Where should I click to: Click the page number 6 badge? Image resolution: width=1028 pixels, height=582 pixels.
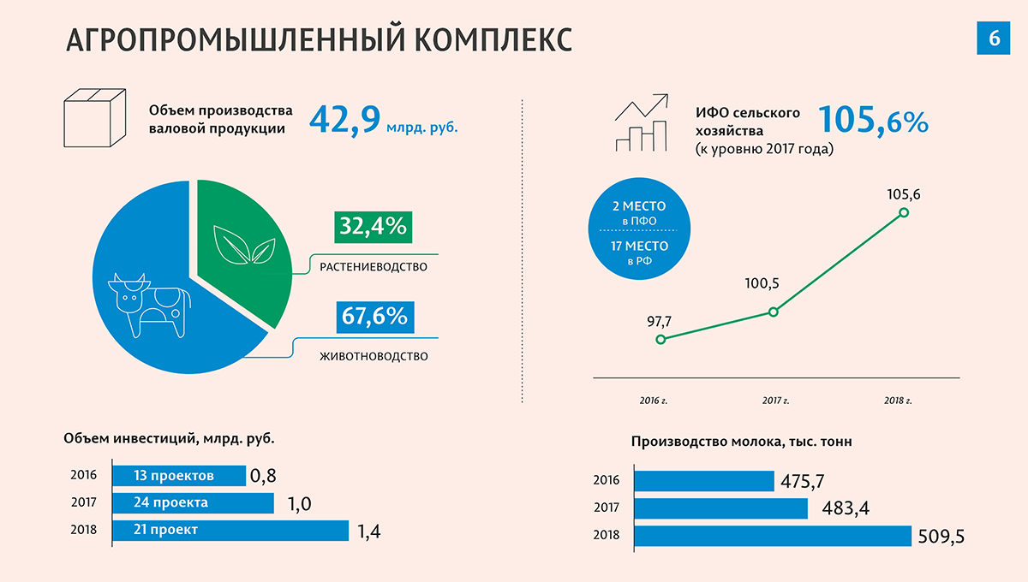994,38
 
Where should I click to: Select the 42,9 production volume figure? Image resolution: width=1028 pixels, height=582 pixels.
344,120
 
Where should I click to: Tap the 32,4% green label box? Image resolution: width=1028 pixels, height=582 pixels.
372,228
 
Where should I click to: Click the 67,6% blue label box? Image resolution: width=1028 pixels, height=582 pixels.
373,317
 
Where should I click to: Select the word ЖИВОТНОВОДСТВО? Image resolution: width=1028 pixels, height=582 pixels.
373,356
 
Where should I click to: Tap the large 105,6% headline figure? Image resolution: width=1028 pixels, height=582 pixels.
873,121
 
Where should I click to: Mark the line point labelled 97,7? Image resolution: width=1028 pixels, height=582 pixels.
660,340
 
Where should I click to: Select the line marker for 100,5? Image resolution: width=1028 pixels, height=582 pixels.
774,312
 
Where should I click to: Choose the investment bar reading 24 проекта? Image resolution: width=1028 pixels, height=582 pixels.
192,502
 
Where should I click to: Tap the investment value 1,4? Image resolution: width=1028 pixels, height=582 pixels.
369,532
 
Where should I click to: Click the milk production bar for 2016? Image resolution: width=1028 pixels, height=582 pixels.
703,480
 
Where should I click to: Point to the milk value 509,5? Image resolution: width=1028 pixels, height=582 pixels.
941,537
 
